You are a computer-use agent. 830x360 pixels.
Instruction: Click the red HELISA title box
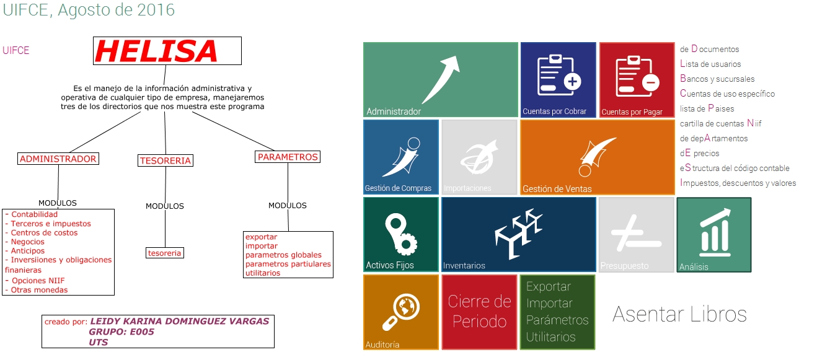pyautogui.click(x=167, y=51)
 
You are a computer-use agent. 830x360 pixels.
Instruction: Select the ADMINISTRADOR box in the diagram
pyautogui.click(x=58, y=159)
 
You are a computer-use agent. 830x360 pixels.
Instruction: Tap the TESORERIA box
pyautogui.click(x=165, y=161)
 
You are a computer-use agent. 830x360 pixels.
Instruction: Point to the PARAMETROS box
pyautogui.click(x=288, y=157)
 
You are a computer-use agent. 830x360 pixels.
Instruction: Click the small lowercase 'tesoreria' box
pyautogui.click(x=165, y=253)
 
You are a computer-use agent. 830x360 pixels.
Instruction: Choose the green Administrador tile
pyautogui.click(x=440, y=79)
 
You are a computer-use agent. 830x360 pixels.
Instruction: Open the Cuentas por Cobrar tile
pyautogui.click(x=558, y=79)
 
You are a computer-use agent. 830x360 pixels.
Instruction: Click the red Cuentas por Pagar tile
pyautogui.click(x=637, y=79)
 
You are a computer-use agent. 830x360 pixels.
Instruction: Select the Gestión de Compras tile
pyautogui.click(x=400, y=157)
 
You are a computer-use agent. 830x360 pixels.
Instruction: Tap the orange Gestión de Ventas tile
pyautogui.click(x=597, y=157)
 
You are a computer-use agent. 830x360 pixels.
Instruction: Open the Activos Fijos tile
pyautogui.click(x=400, y=235)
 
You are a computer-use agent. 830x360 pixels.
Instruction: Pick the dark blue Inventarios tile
pyautogui.click(x=518, y=235)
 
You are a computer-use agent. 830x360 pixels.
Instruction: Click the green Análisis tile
pyautogui.click(x=713, y=235)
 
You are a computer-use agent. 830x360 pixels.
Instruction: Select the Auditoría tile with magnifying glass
pyautogui.click(x=400, y=312)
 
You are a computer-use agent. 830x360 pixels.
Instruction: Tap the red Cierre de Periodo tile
pyautogui.click(x=479, y=312)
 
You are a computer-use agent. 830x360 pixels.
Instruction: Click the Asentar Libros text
pyautogui.click(x=679, y=314)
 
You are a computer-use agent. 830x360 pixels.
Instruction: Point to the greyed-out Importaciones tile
pyautogui.click(x=479, y=157)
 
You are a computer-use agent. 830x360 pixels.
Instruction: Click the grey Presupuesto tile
pyautogui.click(x=637, y=235)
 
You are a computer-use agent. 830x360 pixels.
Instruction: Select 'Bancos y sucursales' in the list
pyautogui.click(x=717, y=79)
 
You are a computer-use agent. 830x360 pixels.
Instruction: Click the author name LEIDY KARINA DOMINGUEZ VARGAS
pyautogui.click(x=180, y=322)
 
